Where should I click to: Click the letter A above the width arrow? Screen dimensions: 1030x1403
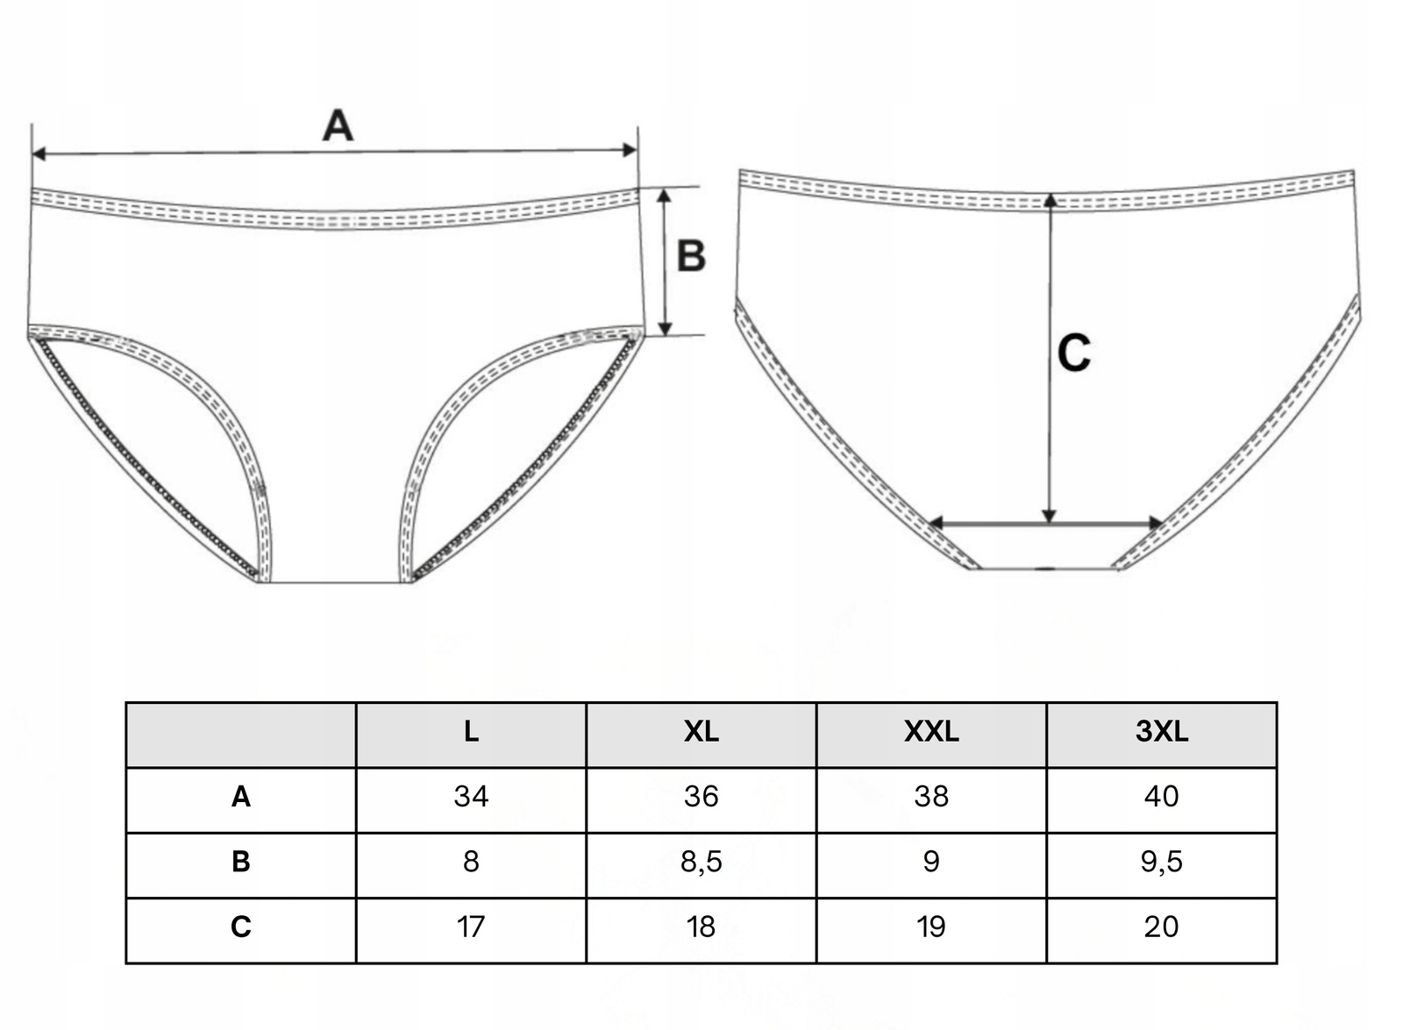[338, 126]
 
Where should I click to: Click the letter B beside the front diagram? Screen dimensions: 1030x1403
[691, 256]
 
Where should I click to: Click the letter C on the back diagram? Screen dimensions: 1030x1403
[1073, 353]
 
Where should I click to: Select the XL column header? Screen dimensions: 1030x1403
[701, 732]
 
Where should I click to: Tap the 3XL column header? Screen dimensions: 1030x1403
[1161, 732]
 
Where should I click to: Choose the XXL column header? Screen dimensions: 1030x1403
[931, 732]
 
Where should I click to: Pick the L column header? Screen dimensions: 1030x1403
[471, 732]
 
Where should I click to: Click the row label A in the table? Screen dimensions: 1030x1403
[241, 797]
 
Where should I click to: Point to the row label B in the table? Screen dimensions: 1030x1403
[241, 862]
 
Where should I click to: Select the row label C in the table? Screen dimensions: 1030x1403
[241, 927]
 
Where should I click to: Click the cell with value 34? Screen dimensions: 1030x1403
[471, 797]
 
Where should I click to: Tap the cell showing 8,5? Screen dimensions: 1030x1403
[701, 862]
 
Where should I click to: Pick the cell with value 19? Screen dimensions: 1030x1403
[931, 927]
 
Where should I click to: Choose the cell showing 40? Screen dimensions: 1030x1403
[1161, 797]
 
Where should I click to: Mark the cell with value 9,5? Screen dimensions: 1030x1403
[1161, 862]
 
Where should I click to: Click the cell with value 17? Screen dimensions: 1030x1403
[471, 927]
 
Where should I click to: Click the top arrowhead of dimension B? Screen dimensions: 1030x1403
[665, 195]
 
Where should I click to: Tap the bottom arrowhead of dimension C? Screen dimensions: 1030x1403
[1050, 516]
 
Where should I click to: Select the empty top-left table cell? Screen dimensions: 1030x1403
[241, 735]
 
